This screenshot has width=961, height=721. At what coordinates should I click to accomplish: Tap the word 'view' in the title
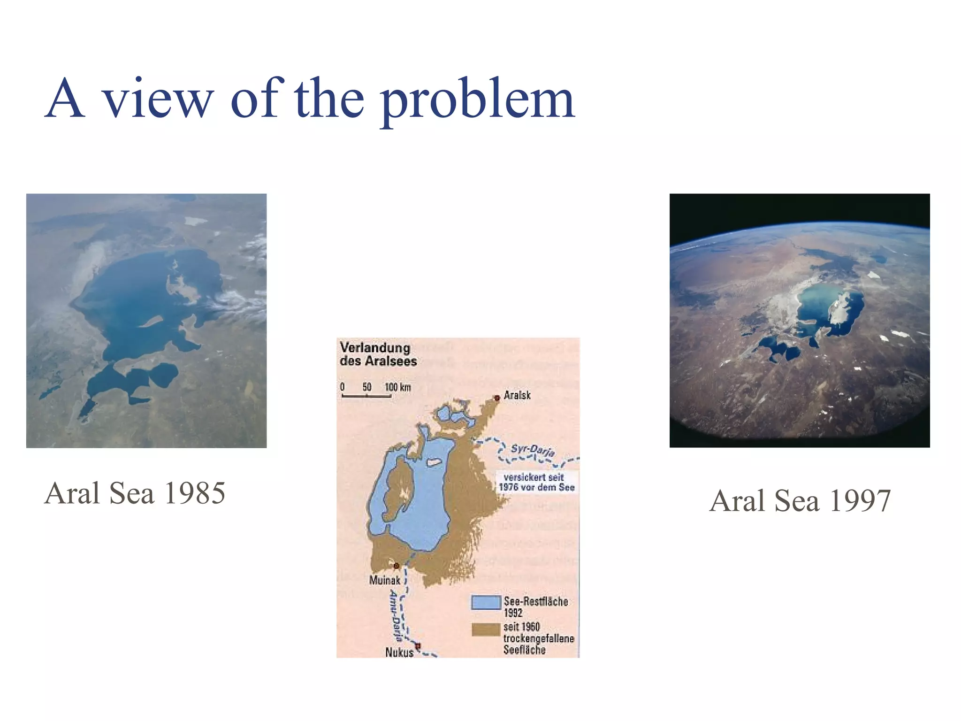coord(158,100)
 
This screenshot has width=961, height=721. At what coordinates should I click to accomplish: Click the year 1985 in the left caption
coord(195,493)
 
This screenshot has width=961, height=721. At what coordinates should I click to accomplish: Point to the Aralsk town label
coord(517,395)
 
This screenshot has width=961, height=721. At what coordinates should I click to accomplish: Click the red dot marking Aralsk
coord(497,398)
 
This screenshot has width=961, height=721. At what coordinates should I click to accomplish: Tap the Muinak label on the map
coord(384,580)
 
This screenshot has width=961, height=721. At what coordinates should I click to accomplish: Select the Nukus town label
coord(399,652)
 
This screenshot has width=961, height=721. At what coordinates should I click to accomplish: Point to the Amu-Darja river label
coord(396,615)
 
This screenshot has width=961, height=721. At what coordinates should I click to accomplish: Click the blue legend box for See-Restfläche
coord(486,603)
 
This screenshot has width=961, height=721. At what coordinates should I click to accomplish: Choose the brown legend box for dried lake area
coord(486,630)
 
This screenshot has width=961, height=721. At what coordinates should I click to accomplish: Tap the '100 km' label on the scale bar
coord(397,387)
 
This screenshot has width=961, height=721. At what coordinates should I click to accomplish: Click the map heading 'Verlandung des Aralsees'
coord(378,354)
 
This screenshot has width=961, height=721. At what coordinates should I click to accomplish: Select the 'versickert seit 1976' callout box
coord(536,482)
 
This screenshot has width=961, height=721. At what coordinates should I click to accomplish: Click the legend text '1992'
coord(513,613)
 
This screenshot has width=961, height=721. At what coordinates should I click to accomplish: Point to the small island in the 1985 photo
coord(151,322)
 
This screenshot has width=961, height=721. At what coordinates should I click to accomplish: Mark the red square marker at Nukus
coord(418,646)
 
